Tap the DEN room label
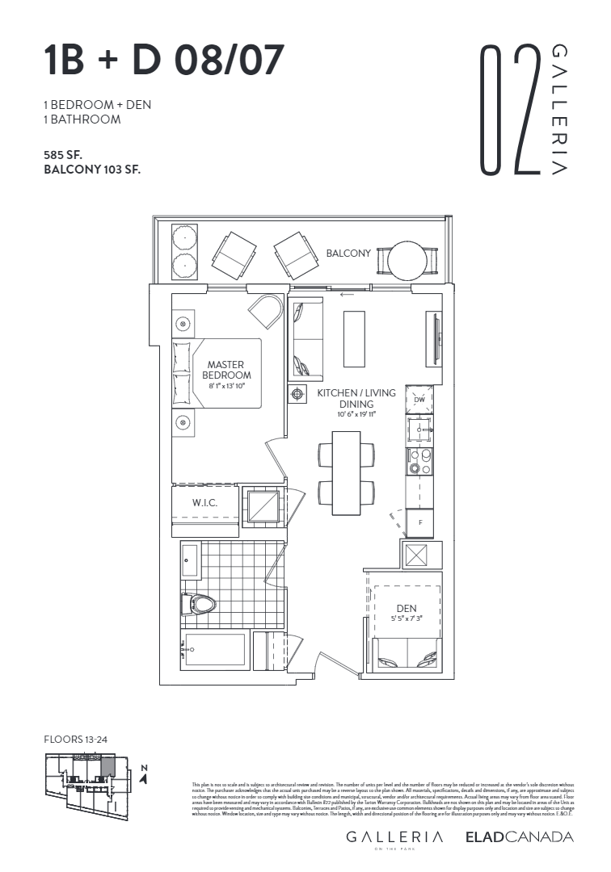406,609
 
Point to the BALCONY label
348,254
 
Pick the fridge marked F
419,523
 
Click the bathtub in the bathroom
214,650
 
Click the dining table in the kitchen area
346,472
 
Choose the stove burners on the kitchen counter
419,460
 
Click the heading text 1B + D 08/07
162,61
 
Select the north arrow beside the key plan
143,776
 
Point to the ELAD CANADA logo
519,837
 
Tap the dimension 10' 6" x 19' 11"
356,414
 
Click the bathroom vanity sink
191,560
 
